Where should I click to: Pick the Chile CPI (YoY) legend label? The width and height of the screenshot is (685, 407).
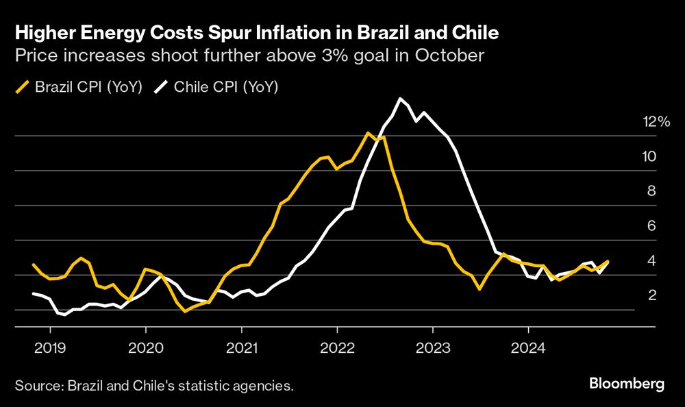(227, 87)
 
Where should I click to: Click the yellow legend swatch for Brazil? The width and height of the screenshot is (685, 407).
(22, 87)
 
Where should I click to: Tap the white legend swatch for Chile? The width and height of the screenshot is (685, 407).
(164, 87)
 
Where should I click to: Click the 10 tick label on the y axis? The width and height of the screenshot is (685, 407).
(649, 156)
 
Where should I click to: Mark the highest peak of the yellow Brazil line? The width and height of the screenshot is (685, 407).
(369, 132)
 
